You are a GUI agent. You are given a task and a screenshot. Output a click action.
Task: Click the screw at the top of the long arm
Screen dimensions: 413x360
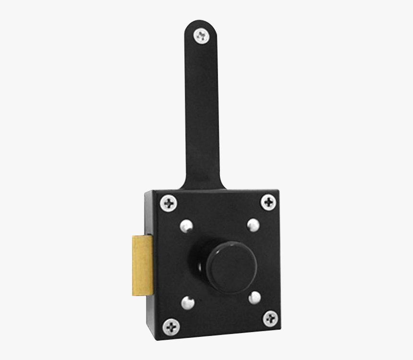201,35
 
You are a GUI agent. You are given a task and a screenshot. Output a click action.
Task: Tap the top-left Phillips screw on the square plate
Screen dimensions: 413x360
169,203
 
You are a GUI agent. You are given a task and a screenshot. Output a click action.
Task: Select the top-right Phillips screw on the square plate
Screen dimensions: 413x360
268,202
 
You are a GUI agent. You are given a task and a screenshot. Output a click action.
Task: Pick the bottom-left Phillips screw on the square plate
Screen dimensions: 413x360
171,327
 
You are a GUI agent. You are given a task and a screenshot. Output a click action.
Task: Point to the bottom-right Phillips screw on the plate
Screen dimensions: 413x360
270,318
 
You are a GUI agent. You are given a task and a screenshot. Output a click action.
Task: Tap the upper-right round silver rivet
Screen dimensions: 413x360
253,224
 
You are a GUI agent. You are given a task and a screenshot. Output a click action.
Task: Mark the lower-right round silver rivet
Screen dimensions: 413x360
255,298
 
